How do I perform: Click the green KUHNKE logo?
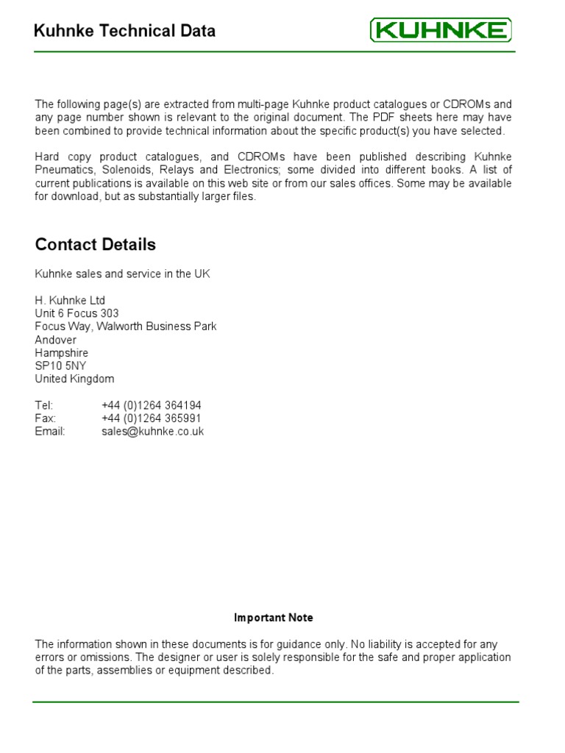(x=440, y=30)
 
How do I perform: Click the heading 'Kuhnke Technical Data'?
(x=125, y=31)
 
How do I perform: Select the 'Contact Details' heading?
(x=96, y=244)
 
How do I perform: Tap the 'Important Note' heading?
(x=274, y=618)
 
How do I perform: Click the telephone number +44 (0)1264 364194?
(x=152, y=405)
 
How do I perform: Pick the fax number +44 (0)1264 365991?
(x=152, y=418)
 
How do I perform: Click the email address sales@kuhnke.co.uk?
(x=153, y=432)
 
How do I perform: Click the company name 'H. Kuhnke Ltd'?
(x=70, y=300)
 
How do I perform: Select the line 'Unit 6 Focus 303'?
(x=77, y=313)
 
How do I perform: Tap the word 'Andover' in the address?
(x=55, y=340)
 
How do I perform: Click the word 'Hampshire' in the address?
(x=61, y=353)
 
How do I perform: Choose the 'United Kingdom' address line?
(x=74, y=379)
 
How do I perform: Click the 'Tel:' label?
(x=44, y=405)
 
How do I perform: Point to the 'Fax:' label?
(x=45, y=418)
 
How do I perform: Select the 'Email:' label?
(x=50, y=432)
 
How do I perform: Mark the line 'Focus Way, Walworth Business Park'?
(x=126, y=326)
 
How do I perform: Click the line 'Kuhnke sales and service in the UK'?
(x=122, y=274)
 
